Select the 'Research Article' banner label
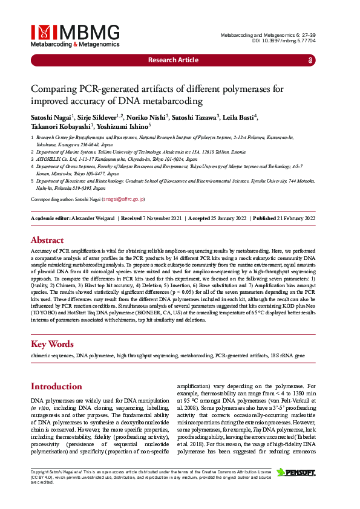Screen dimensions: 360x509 coord(173,60)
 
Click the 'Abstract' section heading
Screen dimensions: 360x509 coord(47,239)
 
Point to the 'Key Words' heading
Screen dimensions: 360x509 coord(52,344)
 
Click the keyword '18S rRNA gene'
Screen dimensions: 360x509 coord(287,356)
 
